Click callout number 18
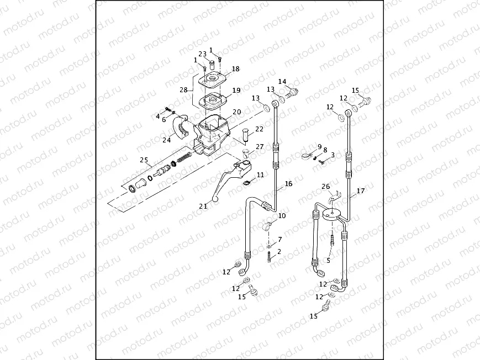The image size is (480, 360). click(x=236, y=69)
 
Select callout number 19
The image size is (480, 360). click(x=236, y=90)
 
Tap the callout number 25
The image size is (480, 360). click(x=145, y=160)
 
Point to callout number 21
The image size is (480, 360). click(x=203, y=206)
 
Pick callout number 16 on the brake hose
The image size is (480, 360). click(x=288, y=184)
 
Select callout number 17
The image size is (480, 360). click(x=361, y=191)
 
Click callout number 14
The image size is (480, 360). click(x=282, y=82)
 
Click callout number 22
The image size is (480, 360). click(x=259, y=129)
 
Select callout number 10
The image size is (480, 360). click(x=282, y=216)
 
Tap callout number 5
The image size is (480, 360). click(x=328, y=261)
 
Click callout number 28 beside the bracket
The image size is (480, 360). click(x=183, y=90)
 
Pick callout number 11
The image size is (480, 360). click(x=260, y=174)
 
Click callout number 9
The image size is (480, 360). click(x=319, y=146)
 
